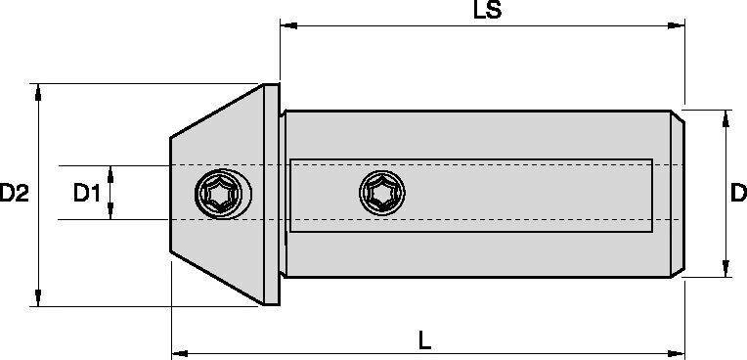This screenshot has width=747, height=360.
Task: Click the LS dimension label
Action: coord(487,10)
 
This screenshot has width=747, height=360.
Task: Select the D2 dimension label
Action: coord(15,194)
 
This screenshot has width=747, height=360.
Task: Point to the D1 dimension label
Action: coord(87,194)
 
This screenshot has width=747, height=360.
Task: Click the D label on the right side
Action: coord(739,194)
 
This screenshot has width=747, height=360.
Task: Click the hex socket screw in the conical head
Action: coord(224,194)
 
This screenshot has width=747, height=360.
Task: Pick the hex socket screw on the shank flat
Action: coord(382,193)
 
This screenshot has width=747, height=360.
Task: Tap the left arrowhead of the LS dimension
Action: coord(288,25)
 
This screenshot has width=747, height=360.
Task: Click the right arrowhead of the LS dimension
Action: coord(676,25)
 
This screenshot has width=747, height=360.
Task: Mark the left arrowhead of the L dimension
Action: coord(180,354)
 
